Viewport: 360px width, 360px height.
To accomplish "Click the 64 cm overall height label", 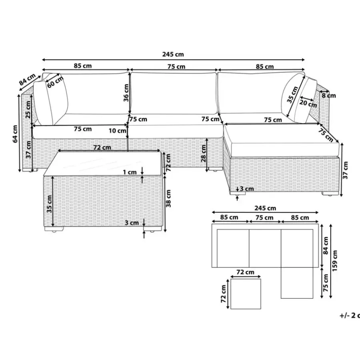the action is coord(15,134).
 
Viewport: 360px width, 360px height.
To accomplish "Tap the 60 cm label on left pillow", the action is coord(55,82).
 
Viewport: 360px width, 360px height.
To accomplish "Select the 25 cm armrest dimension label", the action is coord(28,110).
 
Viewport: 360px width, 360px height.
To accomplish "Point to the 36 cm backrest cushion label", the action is coord(126,93).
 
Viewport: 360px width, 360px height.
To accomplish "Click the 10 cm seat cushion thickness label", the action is coord(117,131).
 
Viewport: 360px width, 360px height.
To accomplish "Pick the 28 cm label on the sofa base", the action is coord(204,154).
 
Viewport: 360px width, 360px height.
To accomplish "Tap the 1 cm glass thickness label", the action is coord(130,172).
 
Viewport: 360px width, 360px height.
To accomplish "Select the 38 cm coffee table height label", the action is coord(168,198).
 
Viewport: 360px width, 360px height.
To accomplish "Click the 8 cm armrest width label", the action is coord(329,96).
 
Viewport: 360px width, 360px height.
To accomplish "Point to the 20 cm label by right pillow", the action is coord(308,103).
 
